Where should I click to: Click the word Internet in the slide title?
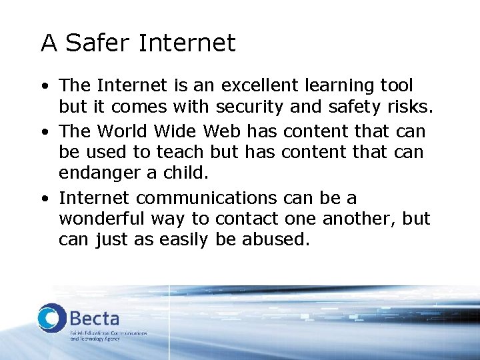point(187,43)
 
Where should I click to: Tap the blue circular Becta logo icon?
point(51,319)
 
